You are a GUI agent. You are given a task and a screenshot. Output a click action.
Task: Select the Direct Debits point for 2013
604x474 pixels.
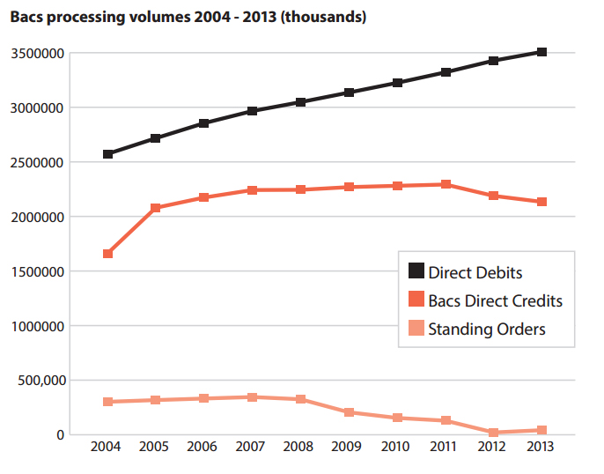click(x=542, y=52)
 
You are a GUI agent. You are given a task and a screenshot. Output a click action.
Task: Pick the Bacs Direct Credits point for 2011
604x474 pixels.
click(x=446, y=184)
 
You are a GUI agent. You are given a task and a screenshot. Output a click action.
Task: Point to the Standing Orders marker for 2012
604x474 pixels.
click(x=494, y=433)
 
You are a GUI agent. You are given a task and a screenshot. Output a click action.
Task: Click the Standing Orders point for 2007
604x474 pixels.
click(x=253, y=397)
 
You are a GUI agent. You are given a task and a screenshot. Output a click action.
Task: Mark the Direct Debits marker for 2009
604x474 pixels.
click(x=350, y=93)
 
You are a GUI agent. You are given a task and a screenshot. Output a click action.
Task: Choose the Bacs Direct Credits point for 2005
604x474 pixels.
click(x=156, y=208)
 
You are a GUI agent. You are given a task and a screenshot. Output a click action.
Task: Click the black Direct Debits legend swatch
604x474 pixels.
click(x=415, y=272)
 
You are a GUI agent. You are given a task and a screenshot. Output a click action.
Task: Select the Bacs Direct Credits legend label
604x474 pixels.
click(x=495, y=300)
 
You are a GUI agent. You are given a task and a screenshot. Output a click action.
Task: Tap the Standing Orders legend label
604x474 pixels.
click(x=486, y=330)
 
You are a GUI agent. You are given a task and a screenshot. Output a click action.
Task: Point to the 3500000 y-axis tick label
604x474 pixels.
click(x=39, y=54)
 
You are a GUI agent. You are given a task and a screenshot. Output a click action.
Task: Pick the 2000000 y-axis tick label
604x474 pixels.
click(x=39, y=217)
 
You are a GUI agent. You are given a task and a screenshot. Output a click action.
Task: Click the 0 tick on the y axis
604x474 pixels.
click(x=60, y=435)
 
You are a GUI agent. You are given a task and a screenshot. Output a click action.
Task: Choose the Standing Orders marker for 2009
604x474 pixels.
click(x=350, y=412)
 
